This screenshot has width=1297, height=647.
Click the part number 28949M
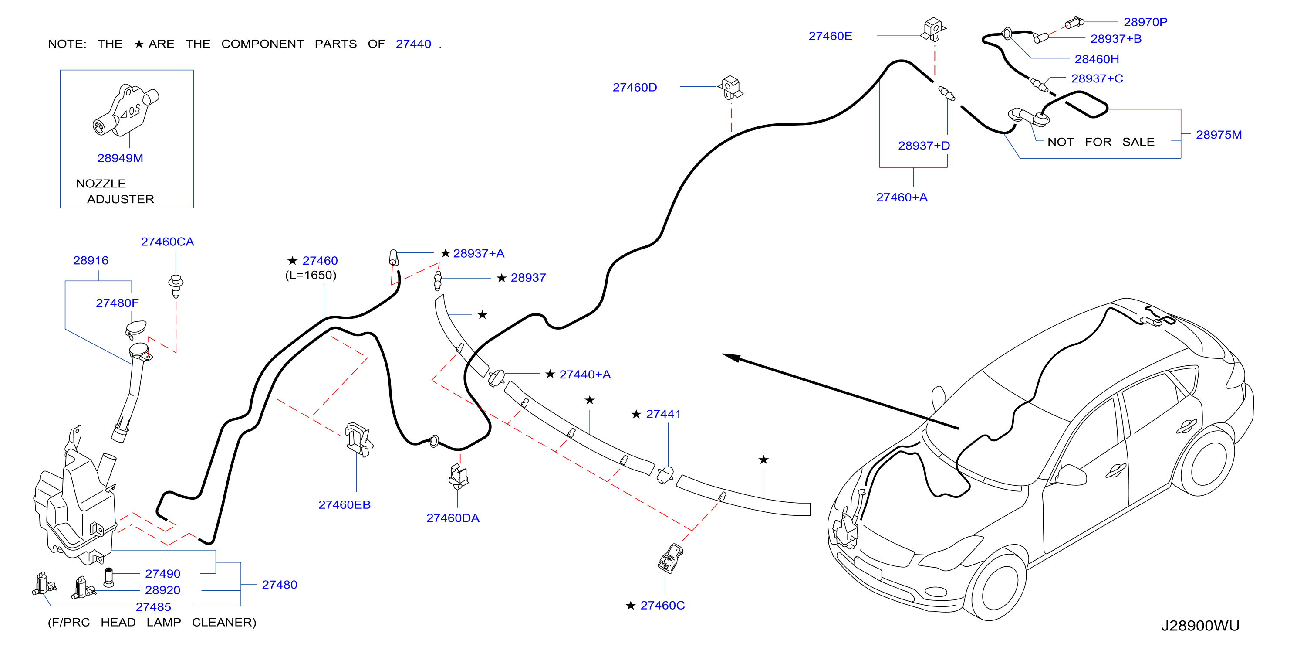click(120, 158)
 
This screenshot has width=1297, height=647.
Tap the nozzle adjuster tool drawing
click(126, 110)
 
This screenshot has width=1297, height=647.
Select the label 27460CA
click(167, 242)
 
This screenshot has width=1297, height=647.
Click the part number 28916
click(91, 261)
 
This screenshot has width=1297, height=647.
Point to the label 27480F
click(117, 303)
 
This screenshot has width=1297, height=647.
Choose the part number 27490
click(162, 574)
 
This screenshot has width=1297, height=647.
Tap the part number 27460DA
click(453, 518)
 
